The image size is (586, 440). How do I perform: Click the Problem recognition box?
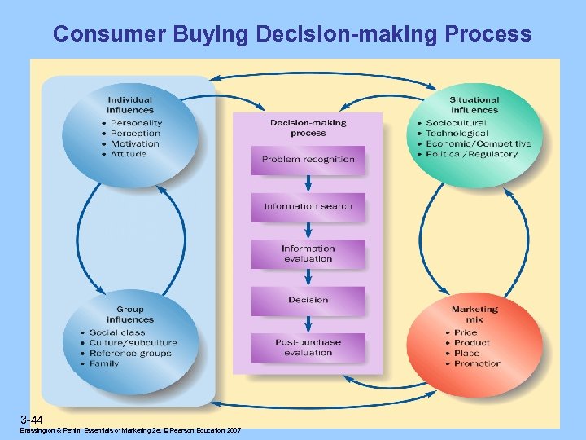[308, 160]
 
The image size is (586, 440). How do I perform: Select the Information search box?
[308, 207]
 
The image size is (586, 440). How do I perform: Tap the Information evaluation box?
[308, 253]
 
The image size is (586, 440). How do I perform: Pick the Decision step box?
[308, 300]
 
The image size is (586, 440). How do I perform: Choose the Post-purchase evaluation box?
[308, 347]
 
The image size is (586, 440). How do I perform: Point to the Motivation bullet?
[134, 143]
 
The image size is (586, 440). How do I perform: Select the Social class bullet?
[117, 332]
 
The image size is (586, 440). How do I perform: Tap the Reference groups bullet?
[130, 354]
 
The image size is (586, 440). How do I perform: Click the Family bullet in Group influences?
[104, 363]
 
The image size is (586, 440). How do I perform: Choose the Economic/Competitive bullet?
[479, 143]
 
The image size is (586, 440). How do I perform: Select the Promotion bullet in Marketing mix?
[478, 363]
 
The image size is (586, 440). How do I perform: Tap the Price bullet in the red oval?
[466, 332]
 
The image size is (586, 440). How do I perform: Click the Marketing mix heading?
[474, 315]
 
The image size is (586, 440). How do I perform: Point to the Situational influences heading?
[474, 105]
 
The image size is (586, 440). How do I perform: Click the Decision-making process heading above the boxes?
[308, 128]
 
